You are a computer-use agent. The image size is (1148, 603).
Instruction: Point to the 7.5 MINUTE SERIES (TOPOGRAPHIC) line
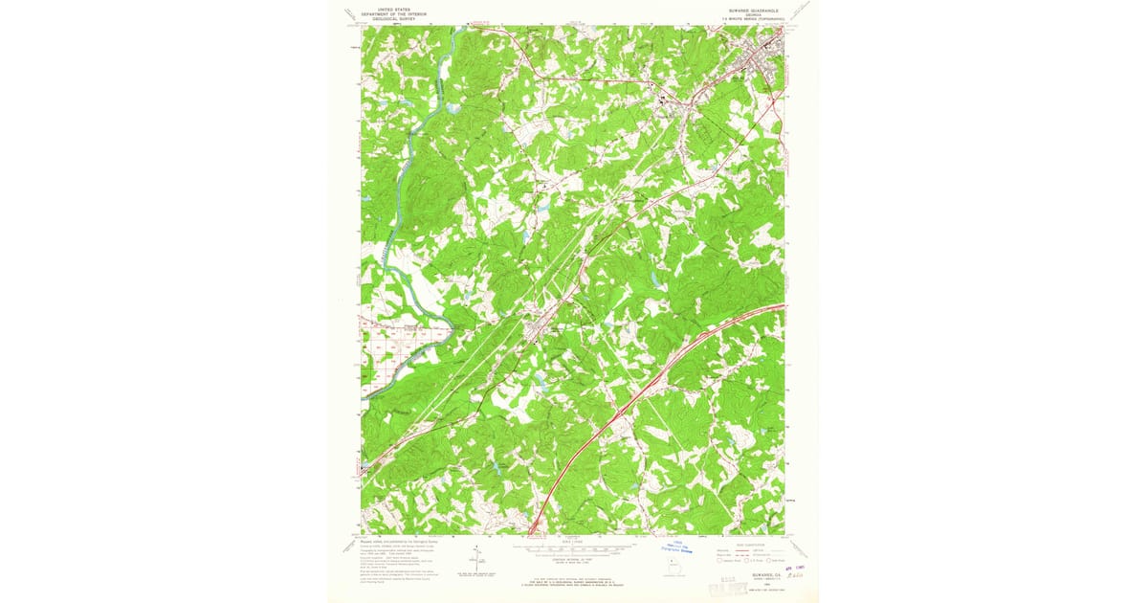[x=746, y=17]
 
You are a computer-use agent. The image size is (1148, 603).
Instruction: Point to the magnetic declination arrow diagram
[x=475, y=560]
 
